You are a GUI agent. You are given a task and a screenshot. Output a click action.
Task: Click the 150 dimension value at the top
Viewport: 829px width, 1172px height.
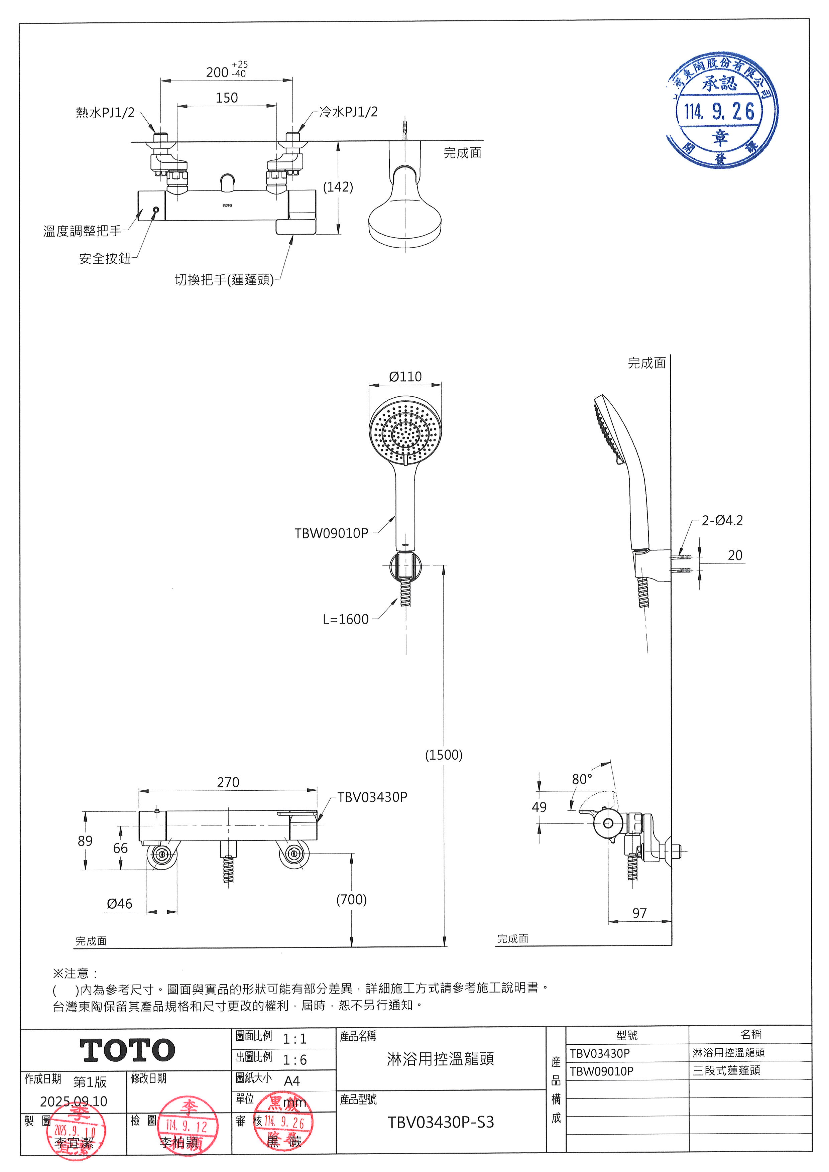click(x=227, y=98)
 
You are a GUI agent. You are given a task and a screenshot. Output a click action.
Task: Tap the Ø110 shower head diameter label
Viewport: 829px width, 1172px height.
click(x=405, y=377)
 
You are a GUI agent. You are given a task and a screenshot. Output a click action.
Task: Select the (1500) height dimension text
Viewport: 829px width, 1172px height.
click(x=444, y=755)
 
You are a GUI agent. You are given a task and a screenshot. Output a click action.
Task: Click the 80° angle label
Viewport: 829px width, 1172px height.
click(x=582, y=779)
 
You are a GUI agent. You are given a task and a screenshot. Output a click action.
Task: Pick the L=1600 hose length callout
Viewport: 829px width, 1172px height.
click(x=346, y=619)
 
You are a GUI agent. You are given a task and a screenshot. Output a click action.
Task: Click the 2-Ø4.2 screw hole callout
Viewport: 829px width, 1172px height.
click(x=722, y=521)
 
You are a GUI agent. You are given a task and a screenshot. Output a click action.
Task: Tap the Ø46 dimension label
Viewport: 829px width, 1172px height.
click(x=119, y=904)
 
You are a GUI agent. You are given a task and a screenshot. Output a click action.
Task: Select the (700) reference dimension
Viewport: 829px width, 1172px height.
click(x=351, y=899)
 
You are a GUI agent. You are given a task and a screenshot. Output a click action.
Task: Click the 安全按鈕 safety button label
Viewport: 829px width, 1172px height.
click(x=105, y=258)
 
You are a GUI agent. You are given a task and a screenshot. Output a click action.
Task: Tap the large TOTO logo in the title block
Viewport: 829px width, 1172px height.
click(x=127, y=1050)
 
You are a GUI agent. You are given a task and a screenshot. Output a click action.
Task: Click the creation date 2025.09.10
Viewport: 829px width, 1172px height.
click(x=74, y=1101)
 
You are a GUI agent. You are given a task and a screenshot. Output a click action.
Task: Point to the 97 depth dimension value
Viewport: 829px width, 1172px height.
click(x=639, y=913)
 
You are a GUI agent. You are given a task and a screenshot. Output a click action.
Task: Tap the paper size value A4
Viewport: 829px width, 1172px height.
click(x=292, y=1081)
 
